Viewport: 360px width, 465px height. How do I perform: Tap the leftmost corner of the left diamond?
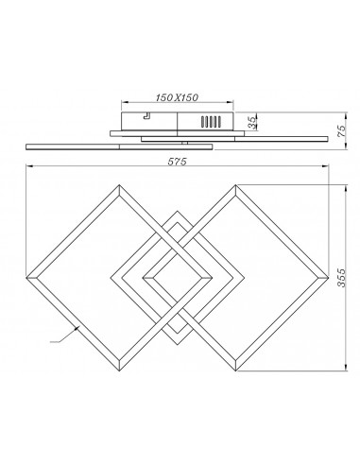tap(29, 277)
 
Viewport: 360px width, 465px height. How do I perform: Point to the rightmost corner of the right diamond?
tap(323, 277)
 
